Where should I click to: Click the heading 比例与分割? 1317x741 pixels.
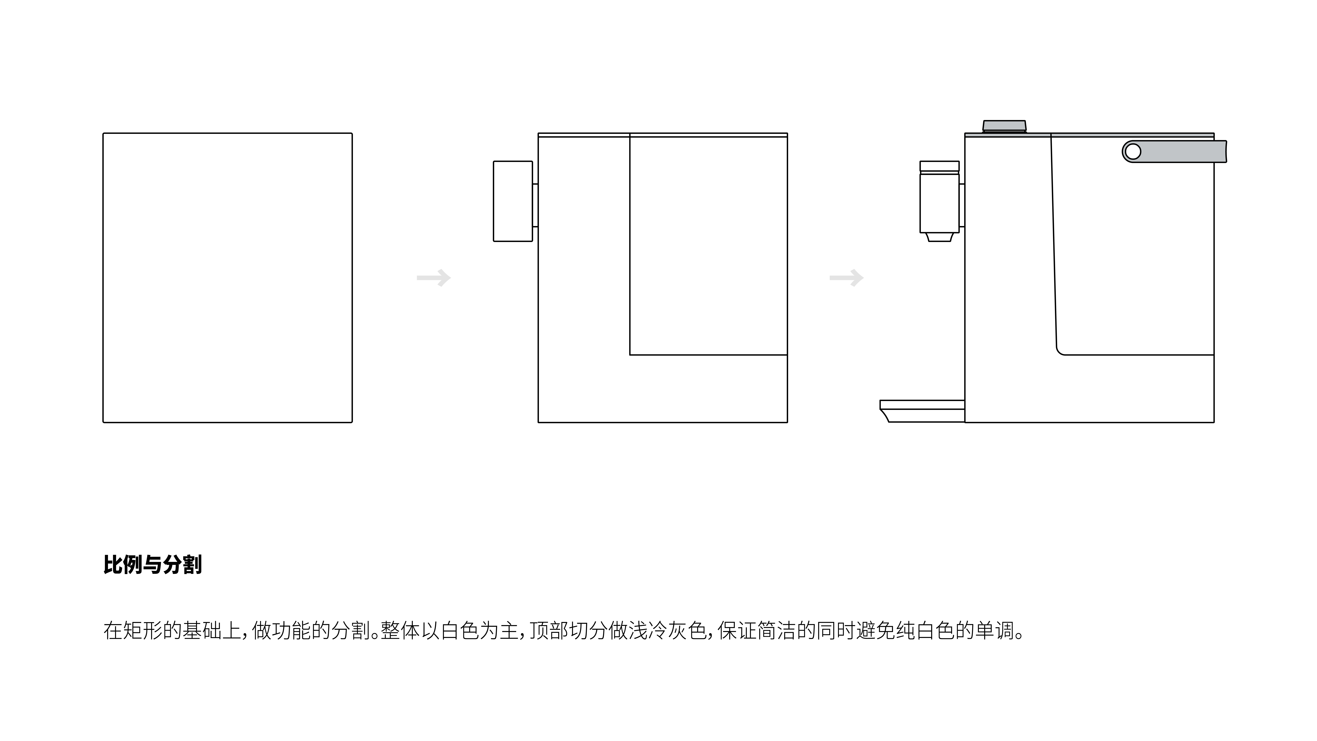point(152,565)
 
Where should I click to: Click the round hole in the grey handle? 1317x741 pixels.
point(1133,151)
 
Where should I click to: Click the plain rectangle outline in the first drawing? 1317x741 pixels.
point(227,278)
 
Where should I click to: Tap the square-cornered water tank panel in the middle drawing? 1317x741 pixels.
point(708,245)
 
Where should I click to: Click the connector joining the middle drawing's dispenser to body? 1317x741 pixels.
point(535,205)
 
